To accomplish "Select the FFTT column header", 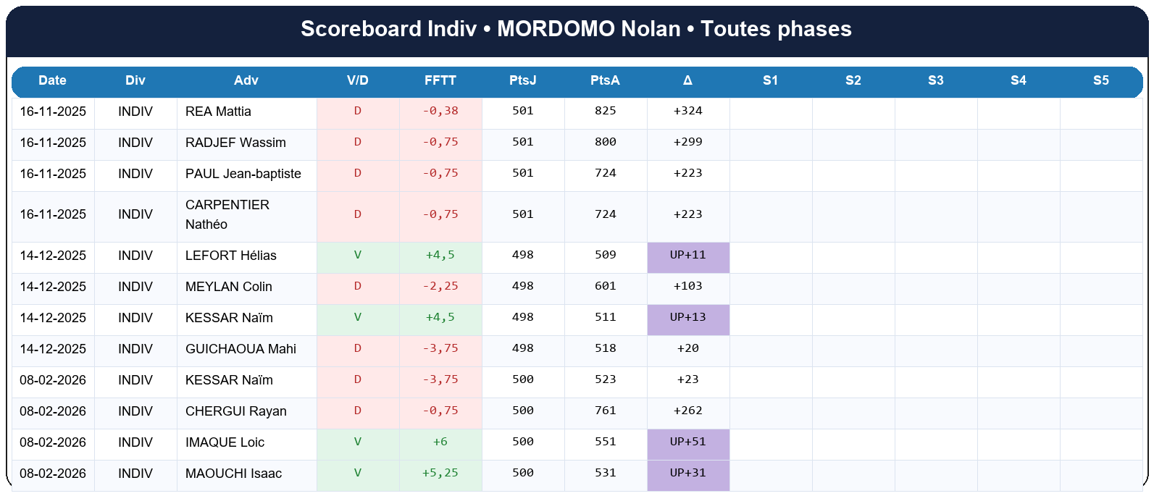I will [x=440, y=80].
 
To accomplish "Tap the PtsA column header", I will [x=605, y=80].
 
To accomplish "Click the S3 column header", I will [x=935, y=80].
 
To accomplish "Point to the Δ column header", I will [x=687, y=80].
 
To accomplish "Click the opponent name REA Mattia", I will [x=218, y=112].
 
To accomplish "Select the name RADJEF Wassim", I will [x=235, y=143].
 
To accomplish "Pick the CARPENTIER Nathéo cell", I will [x=227, y=214].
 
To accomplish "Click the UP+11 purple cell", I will [x=687, y=256].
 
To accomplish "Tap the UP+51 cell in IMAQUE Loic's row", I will [x=687, y=442].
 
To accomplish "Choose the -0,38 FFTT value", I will [x=440, y=112].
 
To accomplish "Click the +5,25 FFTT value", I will [x=440, y=474].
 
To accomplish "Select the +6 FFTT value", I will [x=440, y=442].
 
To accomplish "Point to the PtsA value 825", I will [x=605, y=112].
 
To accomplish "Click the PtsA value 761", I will [x=605, y=411].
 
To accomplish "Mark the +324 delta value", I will [x=687, y=112].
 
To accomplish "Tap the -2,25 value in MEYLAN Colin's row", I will [x=440, y=287].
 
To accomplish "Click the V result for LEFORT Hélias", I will [x=357, y=256].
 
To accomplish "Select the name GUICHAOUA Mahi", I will [x=241, y=349].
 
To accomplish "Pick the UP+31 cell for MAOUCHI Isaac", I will [x=687, y=474].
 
